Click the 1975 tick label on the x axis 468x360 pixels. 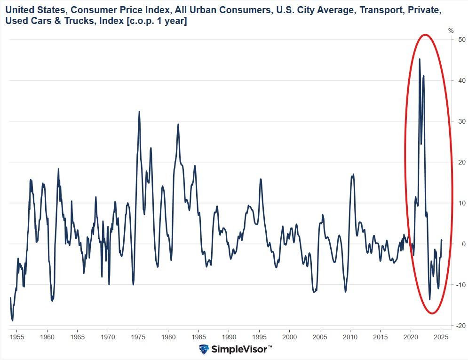coord(138,337)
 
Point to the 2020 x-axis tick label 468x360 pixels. coord(411,337)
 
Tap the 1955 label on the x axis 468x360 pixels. coord(16,337)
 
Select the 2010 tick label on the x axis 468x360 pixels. coord(350,337)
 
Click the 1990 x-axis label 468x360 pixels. coord(229,337)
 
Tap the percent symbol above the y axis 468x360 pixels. coord(451,31)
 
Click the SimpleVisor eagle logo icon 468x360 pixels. coord(204,350)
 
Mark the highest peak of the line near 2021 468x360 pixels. coord(419,59)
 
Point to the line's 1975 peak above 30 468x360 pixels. coord(139,112)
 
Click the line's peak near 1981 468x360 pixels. coord(178,124)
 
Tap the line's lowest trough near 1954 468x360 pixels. coord(12,321)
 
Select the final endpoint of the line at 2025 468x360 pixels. coord(442,240)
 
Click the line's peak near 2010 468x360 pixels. coord(353,174)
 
